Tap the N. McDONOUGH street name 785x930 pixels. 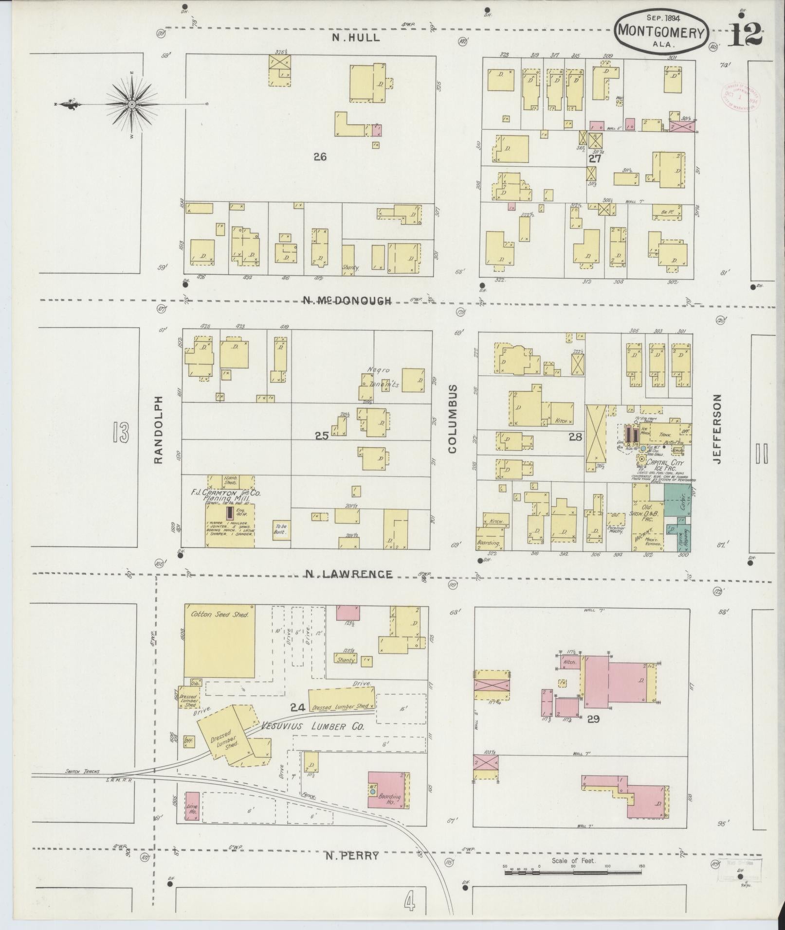347,301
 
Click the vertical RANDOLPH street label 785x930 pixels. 158,429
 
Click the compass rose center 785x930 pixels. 132,105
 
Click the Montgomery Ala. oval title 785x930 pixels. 661,31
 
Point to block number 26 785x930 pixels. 320,157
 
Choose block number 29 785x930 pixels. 593,719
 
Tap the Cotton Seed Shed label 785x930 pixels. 219,614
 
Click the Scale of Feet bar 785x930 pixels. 574,532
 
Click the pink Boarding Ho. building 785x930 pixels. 386,790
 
